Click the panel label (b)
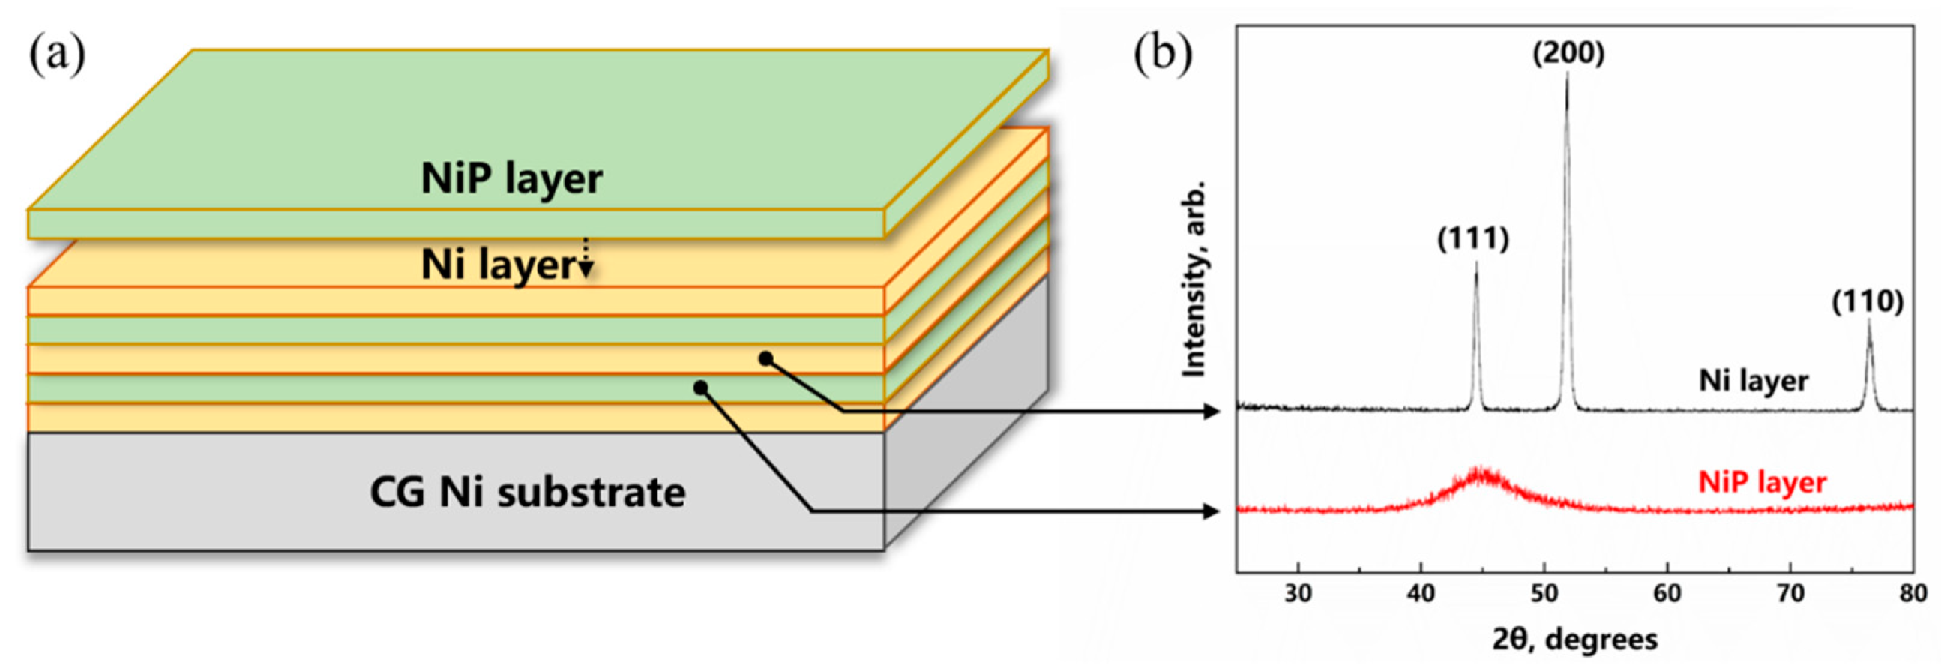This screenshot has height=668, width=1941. tap(1163, 55)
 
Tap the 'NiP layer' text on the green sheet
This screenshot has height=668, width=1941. tap(511, 179)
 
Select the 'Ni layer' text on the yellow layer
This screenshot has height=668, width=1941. tap(498, 265)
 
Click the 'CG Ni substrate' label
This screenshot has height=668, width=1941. tap(528, 493)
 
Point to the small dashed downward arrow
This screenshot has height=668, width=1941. tap(586, 259)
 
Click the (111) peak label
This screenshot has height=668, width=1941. tap(1473, 239)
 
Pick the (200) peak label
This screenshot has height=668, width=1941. tap(1569, 53)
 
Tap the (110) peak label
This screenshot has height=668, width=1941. tap(1868, 302)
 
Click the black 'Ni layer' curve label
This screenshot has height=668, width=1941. tap(1754, 380)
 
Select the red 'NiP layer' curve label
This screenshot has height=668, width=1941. tap(1762, 482)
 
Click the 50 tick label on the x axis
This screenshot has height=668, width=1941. tap(1544, 594)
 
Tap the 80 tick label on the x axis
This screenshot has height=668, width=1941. tap(1913, 594)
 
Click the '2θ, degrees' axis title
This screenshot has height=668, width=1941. tap(1575, 640)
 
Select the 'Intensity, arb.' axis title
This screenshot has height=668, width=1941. tap(1195, 279)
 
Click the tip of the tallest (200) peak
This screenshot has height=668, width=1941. tap(1568, 73)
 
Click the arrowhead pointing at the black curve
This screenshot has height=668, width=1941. tap(1212, 411)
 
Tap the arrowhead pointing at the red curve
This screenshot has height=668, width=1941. tap(1212, 511)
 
